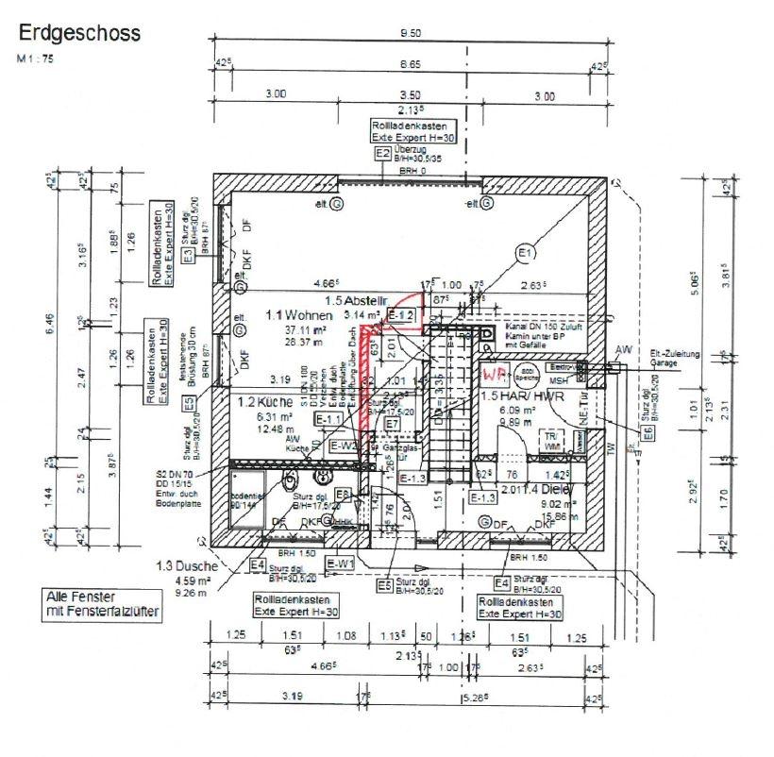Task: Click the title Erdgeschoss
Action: pos(78,34)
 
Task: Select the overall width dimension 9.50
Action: pos(408,35)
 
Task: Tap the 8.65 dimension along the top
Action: pos(409,64)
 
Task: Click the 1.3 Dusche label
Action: pos(188,566)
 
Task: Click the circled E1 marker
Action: pos(526,252)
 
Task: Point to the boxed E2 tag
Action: pos(383,153)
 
